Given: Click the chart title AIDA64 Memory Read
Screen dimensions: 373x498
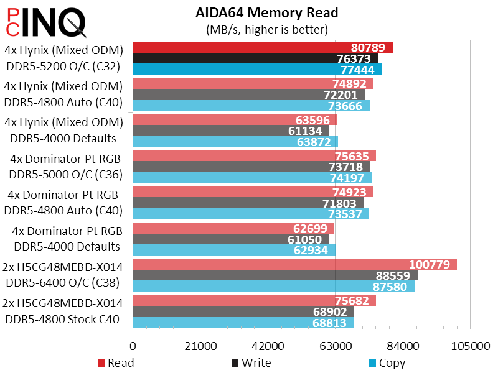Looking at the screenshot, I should click(x=266, y=13).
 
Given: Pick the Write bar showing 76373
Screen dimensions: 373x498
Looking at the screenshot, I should click(x=255, y=58).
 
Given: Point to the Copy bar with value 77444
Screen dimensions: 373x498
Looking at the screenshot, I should click(x=256, y=69).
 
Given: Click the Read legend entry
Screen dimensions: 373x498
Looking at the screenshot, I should click(x=117, y=362).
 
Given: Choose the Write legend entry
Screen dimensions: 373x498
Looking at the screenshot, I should click(x=251, y=362).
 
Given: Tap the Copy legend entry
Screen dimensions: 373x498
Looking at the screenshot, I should click(x=387, y=362).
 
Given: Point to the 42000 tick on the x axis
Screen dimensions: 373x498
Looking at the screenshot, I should click(x=267, y=346).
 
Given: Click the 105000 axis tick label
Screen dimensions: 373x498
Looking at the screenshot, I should click(x=469, y=346).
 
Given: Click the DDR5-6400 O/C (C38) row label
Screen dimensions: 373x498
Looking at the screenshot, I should click(x=63, y=282).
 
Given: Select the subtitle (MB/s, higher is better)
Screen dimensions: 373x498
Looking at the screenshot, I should click(x=266, y=29).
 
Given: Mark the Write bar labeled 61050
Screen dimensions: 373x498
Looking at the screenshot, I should click(x=230, y=239).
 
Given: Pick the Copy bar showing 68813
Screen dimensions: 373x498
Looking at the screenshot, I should click(x=243, y=323).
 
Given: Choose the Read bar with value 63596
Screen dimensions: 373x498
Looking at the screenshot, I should click(x=234, y=119).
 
